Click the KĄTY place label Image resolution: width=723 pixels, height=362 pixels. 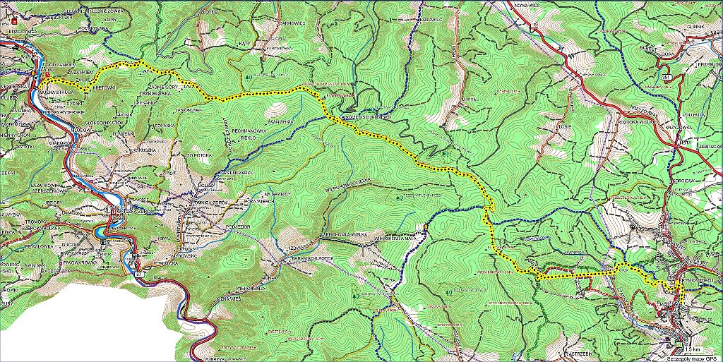pos(246,44)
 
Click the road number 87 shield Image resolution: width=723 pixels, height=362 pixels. pos(139,273)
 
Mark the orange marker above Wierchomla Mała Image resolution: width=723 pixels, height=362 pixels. pos(426,227)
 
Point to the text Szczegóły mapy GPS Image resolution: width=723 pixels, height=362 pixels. pos(695,357)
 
